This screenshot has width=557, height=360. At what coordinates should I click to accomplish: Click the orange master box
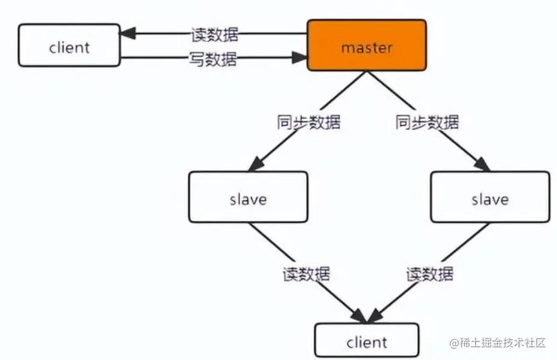(x=367, y=45)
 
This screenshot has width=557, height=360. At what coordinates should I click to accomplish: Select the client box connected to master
(x=69, y=46)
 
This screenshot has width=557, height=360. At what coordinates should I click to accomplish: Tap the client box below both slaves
(x=367, y=341)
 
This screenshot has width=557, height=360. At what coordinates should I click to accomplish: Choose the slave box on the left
(x=247, y=197)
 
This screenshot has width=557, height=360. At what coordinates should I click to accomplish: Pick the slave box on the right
(x=490, y=197)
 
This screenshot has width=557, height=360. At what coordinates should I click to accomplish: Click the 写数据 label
(x=214, y=59)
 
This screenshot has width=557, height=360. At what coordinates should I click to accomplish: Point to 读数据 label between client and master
(x=214, y=34)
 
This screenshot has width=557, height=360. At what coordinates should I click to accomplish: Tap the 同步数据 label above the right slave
(x=427, y=123)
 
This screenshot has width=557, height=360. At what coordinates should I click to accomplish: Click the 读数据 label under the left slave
(x=307, y=274)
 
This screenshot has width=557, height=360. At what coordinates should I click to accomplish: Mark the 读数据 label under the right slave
(x=429, y=274)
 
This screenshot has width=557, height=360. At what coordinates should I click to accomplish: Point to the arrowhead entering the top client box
(x=127, y=34)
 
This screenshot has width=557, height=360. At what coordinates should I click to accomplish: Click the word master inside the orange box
(x=367, y=48)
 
